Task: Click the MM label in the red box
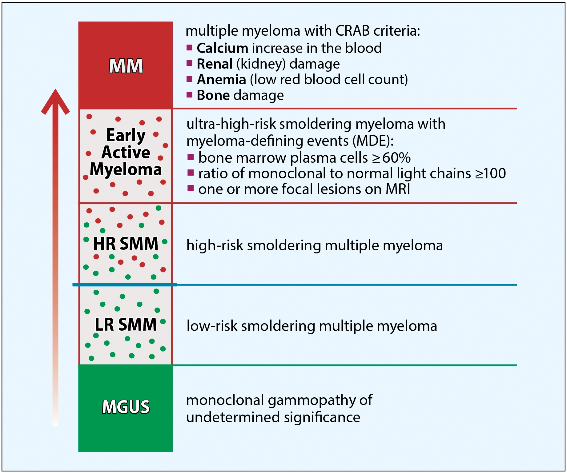coord(126,66)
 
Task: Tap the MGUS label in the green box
coord(126,407)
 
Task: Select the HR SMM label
coord(126,244)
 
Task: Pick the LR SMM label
coord(126,324)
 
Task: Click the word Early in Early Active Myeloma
coord(126,135)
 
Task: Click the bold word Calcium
coord(222,48)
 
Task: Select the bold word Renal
coord(214,64)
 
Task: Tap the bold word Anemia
coord(221,80)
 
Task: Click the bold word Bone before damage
coord(213,95)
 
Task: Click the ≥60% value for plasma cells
coord(391,158)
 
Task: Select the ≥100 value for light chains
coord(490,173)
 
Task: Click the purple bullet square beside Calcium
coord(189,47)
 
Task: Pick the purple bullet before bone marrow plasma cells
coord(191,157)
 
